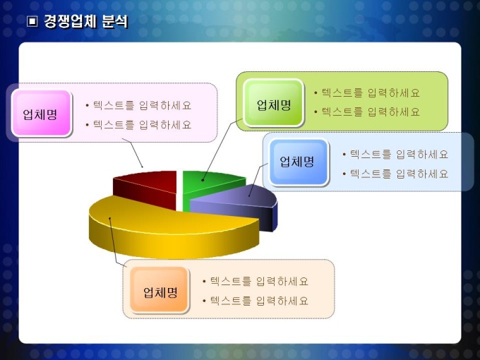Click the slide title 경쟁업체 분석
tap(85, 21)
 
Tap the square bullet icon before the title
tap(32, 21)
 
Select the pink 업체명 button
tap(42, 114)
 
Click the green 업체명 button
tap(273, 103)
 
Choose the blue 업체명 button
tap(299, 162)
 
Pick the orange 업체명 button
tap(160, 290)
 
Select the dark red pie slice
tap(145, 188)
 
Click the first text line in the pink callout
tap(138, 105)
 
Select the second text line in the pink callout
tap(138, 125)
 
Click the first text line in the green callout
tap(367, 92)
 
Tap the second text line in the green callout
tap(367, 112)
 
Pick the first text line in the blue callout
tap(395, 154)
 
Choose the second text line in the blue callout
tap(395, 174)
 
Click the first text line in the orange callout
tap(256, 281)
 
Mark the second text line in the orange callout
tap(256, 301)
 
